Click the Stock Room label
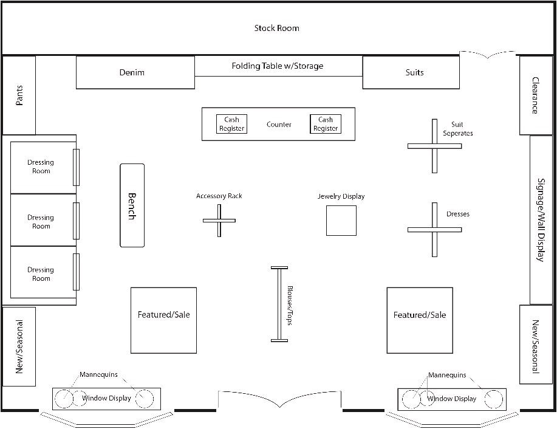coord(276,28)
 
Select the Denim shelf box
coord(135,72)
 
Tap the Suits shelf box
coord(411,72)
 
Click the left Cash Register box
coord(231,124)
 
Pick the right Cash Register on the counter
coord(325,124)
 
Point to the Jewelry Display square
coord(341,220)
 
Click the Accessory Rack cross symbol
coord(219,220)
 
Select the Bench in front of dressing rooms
coord(132,205)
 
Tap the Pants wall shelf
coord(19,95)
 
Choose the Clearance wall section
coord(535,95)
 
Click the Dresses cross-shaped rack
coord(434,229)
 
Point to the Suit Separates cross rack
coord(434,146)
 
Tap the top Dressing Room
coord(41,167)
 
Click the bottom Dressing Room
coord(41,274)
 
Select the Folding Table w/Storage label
coord(278,66)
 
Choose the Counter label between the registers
coord(279,125)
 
